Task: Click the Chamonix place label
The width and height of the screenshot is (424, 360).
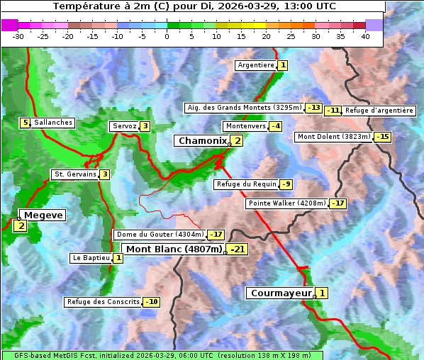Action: [202, 141]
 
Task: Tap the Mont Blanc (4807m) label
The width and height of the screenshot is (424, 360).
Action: [174, 249]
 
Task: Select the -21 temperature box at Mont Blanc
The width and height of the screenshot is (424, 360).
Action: [238, 249]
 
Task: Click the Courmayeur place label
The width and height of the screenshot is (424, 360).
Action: [281, 293]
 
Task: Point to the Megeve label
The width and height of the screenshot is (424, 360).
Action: [43, 215]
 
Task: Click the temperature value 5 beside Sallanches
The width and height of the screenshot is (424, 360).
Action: [26, 123]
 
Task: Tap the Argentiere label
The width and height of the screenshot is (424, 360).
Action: [256, 65]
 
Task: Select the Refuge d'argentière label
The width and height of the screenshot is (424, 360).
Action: [379, 110]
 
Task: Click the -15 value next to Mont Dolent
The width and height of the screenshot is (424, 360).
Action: [383, 137]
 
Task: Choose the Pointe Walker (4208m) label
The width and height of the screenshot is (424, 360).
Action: [286, 203]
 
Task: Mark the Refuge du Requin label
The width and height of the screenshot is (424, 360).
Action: [246, 184]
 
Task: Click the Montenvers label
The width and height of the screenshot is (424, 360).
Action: [245, 126]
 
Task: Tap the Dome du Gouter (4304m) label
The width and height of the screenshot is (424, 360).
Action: [160, 235]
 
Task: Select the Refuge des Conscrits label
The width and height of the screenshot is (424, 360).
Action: [103, 302]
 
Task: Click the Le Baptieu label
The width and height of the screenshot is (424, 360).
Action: [91, 258]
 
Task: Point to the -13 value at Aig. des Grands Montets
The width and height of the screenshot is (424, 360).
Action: [314, 108]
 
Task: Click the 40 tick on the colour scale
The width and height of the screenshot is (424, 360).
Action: [365, 37]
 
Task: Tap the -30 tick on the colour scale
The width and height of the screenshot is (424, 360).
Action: [18, 37]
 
